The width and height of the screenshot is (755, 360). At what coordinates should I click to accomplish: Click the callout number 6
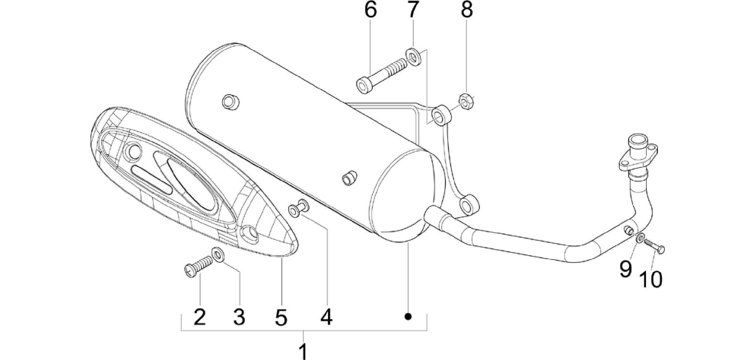370,10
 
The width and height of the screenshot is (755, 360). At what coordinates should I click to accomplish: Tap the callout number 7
413,10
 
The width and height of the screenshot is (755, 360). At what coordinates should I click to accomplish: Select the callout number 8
467,10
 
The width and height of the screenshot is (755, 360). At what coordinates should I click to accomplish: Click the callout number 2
200,317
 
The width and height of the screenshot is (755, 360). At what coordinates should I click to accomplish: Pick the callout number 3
239,317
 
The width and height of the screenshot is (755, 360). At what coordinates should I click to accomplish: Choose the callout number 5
281,317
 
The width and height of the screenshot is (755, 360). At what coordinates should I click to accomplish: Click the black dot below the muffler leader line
408,316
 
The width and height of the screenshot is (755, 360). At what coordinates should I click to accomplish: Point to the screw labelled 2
198,267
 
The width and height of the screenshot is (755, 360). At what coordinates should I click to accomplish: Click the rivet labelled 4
298,208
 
